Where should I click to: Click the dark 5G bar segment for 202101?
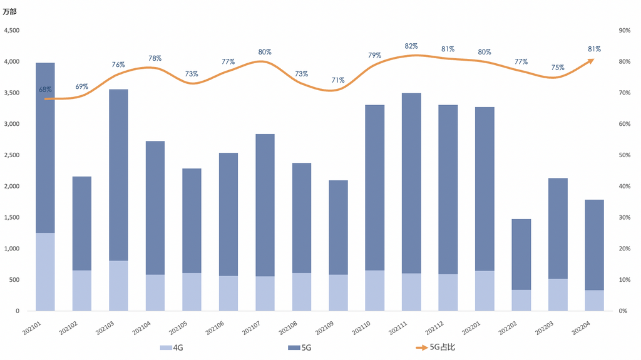(x=45, y=148)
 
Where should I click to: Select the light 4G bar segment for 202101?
(x=45, y=272)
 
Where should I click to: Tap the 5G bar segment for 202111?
(x=411, y=183)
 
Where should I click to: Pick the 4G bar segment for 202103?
(x=118, y=285)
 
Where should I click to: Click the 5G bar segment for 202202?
(x=521, y=254)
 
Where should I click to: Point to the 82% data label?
(x=411, y=46)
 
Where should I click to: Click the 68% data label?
(x=45, y=90)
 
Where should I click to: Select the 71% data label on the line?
(x=338, y=80)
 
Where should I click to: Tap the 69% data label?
(x=82, y=86)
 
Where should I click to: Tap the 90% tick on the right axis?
(x=624, y=31)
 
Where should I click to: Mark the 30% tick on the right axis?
(x=624, y=217)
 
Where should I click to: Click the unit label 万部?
(x=11, y=11)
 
